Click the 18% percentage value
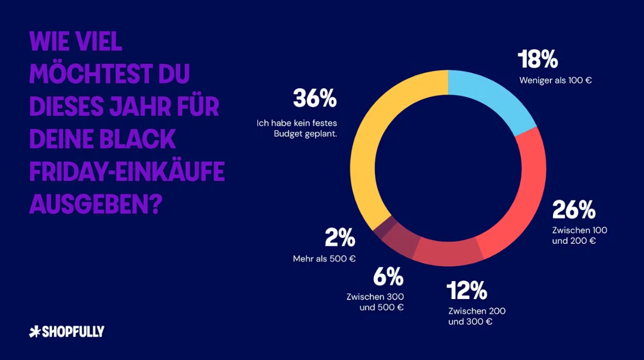[x=538, y=60]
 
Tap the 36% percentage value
[x=314, y=99]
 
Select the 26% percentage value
[x=573, y=210]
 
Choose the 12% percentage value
[x=467, y=291]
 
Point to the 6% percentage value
[x=388, y=277]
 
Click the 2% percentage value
[x=340, y=238]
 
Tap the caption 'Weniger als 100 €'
[x=555, y=80]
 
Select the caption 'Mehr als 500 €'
[x=324, y=259]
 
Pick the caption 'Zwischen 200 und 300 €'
[x=477, y=316]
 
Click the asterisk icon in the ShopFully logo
[x=35, y=332]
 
